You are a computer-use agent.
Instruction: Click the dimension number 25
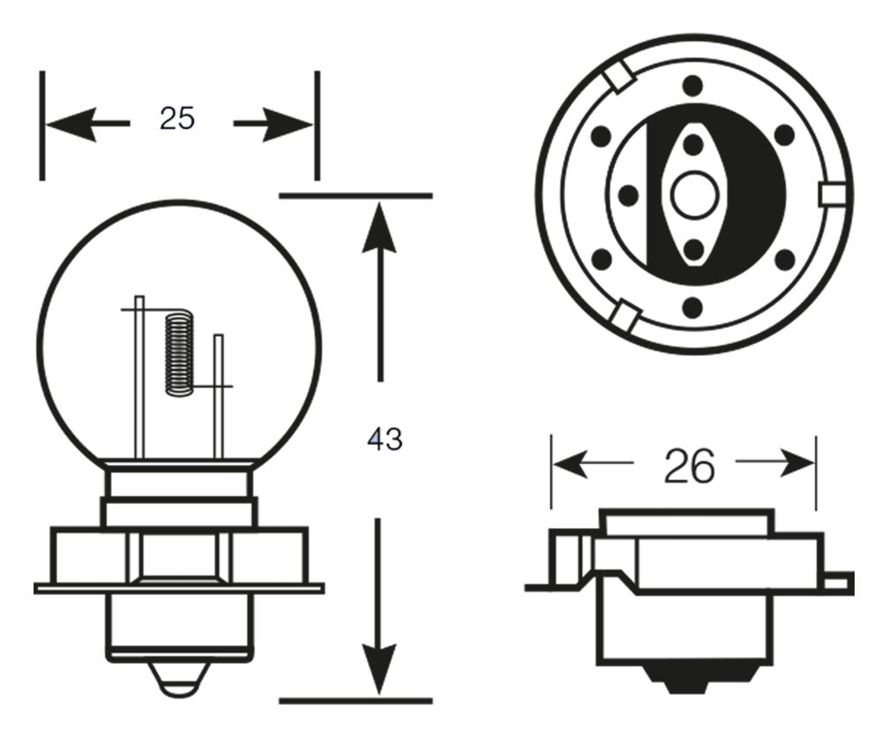point(176,118)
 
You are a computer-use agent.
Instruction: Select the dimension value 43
point(385,439)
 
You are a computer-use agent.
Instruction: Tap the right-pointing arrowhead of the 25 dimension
point(291,124)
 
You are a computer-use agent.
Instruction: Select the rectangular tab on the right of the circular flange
point(830,193)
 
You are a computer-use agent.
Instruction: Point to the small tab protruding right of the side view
point(839,581)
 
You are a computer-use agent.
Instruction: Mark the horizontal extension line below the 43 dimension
point(355,701)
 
